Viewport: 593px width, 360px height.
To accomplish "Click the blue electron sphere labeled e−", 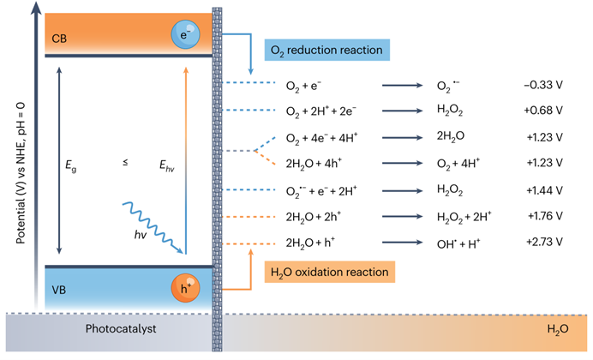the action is pos(185,34).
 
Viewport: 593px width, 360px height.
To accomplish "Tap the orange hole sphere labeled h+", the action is pos(185,288).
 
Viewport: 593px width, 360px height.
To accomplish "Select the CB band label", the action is pos(59,39).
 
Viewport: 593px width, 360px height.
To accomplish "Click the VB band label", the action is pos(58,290).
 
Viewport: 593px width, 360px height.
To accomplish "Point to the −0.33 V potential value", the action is pos(543,85).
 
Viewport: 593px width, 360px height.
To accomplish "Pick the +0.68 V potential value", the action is pos(543,111).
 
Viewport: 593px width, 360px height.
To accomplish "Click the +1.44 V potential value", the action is pos(545,190).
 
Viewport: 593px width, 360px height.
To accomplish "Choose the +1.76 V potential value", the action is pos(545,216).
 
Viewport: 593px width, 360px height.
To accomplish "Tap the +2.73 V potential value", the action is pos(545,242).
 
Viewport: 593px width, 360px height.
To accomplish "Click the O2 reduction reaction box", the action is pos(327,50).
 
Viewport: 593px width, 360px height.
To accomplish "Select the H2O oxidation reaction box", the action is pos(330,272).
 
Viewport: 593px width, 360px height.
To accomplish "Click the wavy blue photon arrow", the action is pos(153,228).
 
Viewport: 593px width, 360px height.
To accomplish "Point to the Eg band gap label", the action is pos(71,165).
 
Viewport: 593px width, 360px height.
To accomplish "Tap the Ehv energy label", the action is pos(167,165).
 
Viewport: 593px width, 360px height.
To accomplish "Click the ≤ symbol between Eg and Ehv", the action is pos(125,163).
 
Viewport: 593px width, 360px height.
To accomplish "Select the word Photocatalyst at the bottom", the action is pos(121,328).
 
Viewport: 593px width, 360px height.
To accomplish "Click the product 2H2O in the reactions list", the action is pos(451,136).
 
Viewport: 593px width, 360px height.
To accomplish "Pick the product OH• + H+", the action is pos(458,243).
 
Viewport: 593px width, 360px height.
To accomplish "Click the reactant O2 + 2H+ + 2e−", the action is pos(321,111).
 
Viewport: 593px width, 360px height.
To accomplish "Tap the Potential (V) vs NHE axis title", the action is pos(21,173).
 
